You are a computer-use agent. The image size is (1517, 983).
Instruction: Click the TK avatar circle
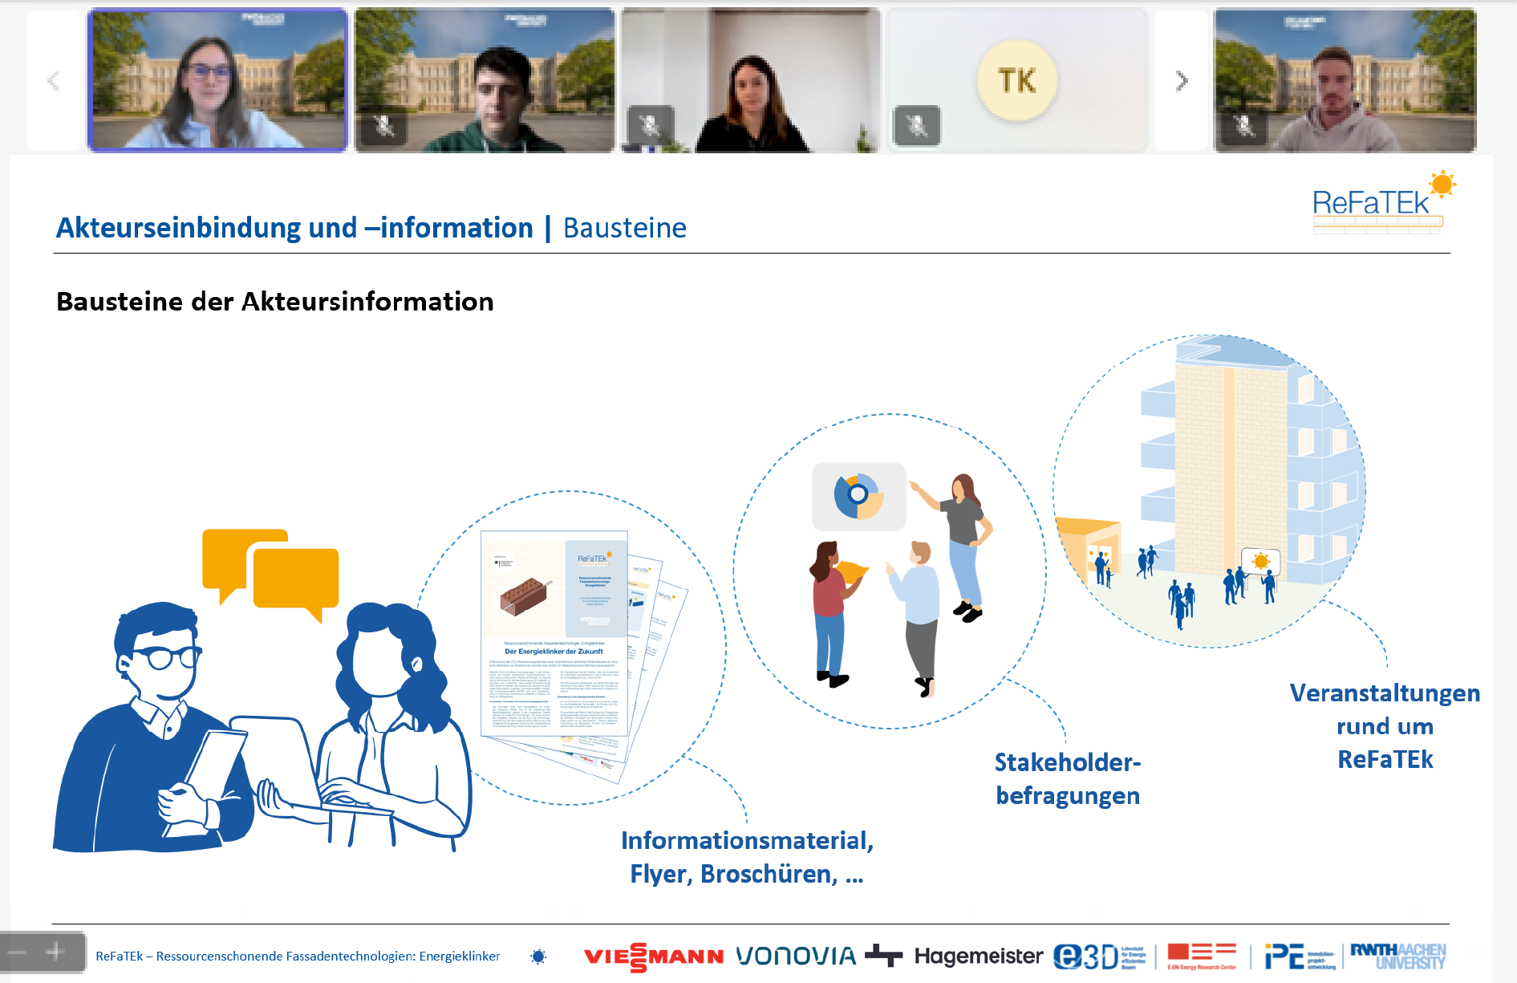(x=1017, y=80)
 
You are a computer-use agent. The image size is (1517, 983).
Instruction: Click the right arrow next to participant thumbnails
(x=1181, y=81)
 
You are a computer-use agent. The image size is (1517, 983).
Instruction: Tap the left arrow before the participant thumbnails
(x=54, y=81)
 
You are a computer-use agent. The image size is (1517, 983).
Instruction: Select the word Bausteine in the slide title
(x=624, y=228)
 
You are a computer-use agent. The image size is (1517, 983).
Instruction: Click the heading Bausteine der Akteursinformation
(x=274, y=302)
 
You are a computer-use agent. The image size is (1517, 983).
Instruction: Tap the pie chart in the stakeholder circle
(x=858, y=496)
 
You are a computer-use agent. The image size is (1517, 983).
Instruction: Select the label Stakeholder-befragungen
(x=1067, y=778)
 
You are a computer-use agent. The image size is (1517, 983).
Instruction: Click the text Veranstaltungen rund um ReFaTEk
(x=1385, y=725)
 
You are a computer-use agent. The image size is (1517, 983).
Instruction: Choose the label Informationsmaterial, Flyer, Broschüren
(x=746, y=857)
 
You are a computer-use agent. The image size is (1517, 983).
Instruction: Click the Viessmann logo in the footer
(x=653, y=957)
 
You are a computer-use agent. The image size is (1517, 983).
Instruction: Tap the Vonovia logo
(x=796, y=956)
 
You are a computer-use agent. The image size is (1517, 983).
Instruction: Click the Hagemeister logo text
(x=978, y=956)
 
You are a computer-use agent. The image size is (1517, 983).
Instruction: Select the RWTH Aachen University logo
(x=1397, y=956)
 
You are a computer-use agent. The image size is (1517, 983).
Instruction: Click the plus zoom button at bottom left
(x=55, y=953)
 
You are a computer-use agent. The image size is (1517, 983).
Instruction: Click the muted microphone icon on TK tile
(x=916, y=126)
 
